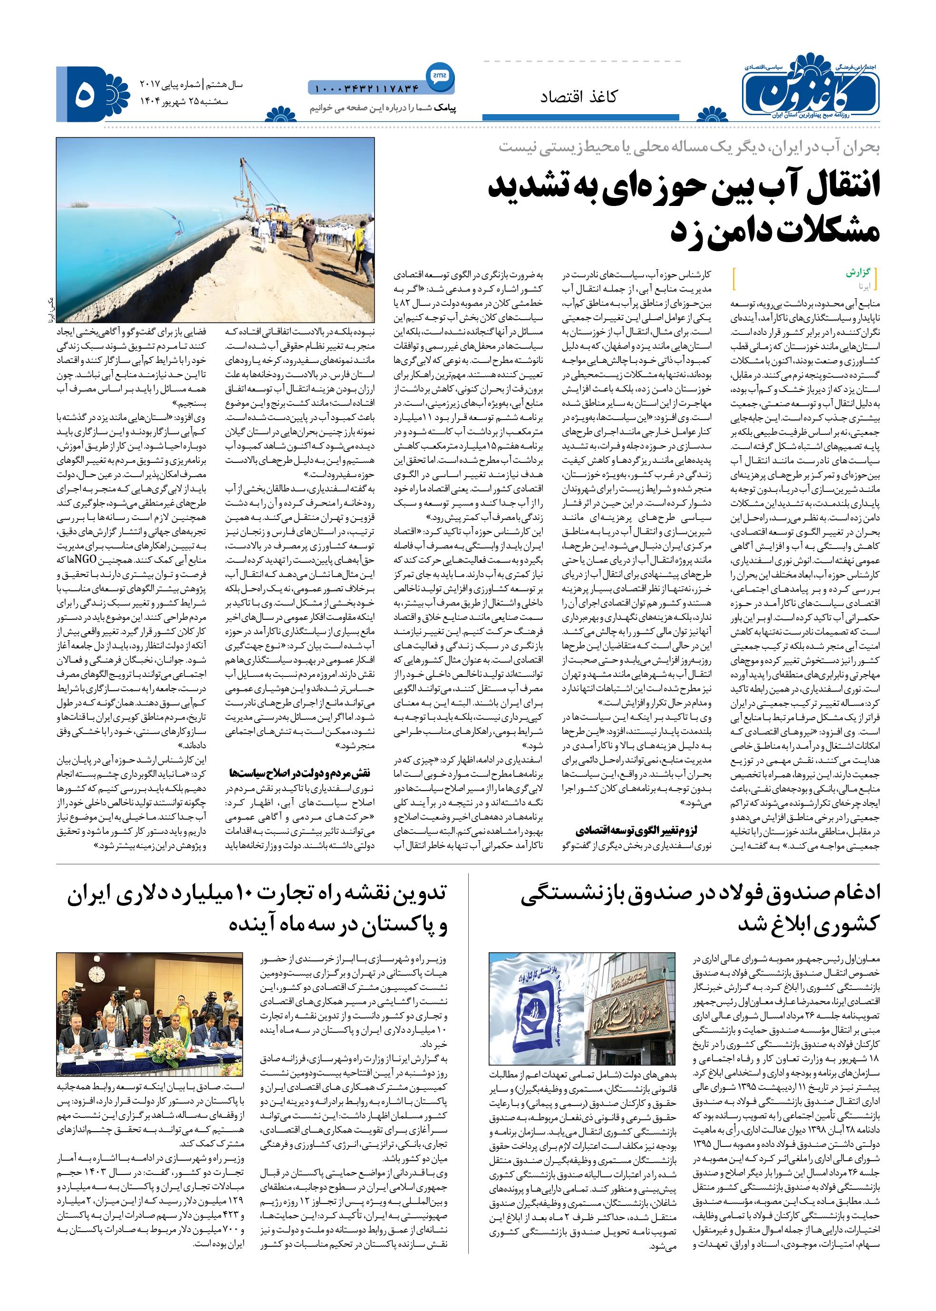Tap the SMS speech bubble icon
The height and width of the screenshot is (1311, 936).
click(440, 76)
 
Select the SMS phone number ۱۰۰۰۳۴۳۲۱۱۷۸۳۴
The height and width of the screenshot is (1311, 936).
click(367, 89)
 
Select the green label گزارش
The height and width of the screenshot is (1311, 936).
click(858, 272)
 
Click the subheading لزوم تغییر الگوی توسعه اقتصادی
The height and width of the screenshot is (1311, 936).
click(637, 830)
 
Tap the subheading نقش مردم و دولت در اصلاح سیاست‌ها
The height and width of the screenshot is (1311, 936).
click(299, 773)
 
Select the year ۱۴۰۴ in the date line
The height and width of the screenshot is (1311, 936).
click(151, 101)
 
